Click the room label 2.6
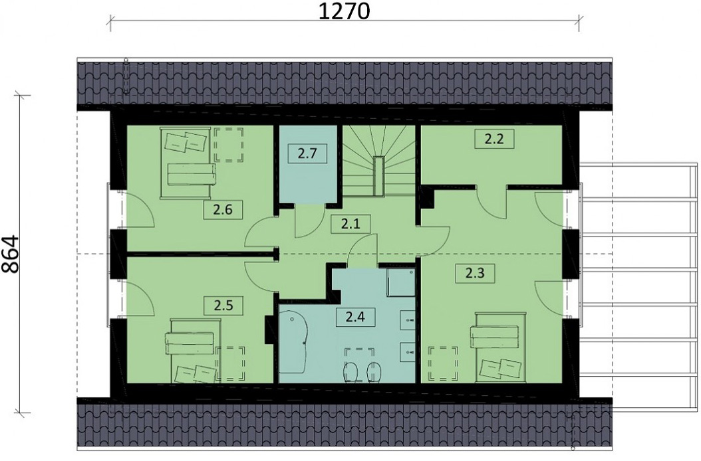[222, 211]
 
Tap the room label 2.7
[307, 154]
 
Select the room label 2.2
[493, 139]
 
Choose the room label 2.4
[354, 317]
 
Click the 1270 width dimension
[343, 12]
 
